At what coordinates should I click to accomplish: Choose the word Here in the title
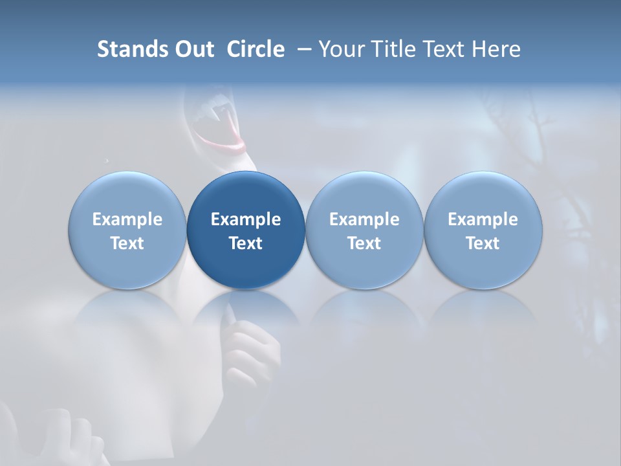pos(496,49)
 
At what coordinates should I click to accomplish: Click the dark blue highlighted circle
pos(246,230)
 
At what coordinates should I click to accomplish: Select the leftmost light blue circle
pos(127,230)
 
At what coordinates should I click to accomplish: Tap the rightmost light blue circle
pos(483,230)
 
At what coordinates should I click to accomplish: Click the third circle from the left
pos(364,230)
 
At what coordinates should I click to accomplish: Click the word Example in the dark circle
pos(246,219)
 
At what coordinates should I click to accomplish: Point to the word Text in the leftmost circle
pos(127,243)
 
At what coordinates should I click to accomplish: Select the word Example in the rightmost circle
pos(483,219)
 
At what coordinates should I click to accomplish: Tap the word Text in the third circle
pos(364,243)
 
